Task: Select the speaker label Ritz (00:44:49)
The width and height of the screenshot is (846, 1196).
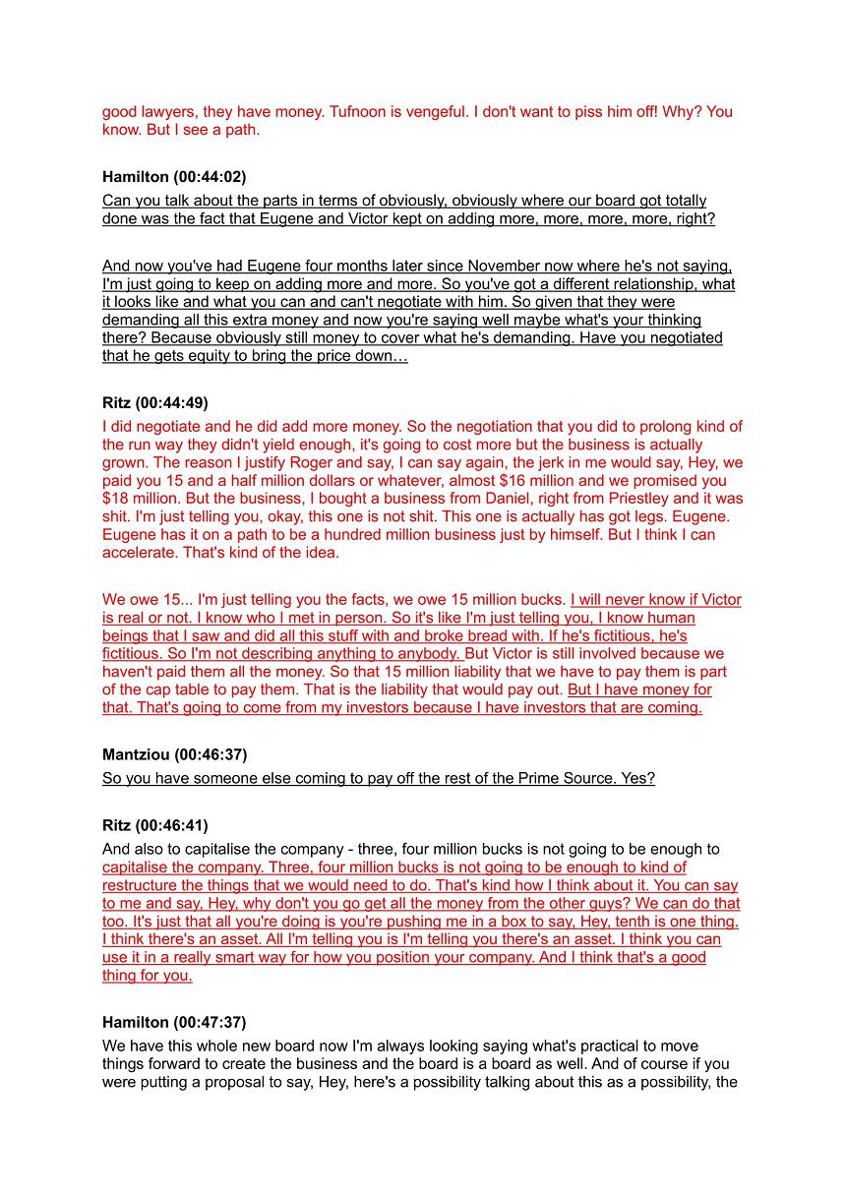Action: (154, 403)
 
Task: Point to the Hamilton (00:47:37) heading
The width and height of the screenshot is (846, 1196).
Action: (174, 1023)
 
